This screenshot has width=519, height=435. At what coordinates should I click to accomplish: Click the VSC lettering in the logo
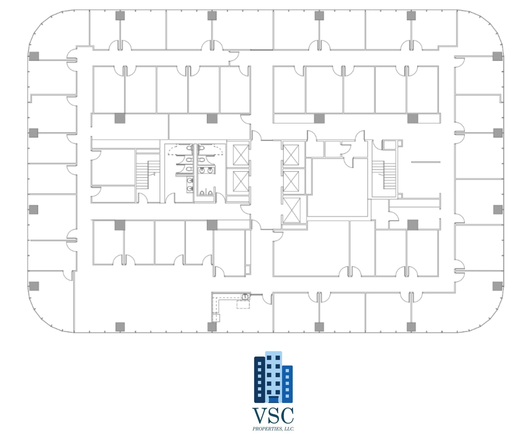click(x=273, y=415)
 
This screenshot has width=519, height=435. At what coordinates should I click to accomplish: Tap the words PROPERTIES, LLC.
click(x=273, y=429)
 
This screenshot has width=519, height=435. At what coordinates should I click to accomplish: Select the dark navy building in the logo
click(x=259, y=380)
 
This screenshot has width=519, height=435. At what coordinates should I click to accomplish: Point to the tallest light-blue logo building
click(x=274, y=377)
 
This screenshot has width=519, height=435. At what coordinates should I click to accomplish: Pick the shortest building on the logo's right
click(x=287, y=384)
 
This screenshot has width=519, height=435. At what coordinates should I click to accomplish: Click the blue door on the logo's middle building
click(x=274, y=400)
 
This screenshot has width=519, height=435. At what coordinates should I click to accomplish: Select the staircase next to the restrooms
click(x=148, y=175)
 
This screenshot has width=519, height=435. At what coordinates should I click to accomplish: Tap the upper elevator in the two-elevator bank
click(x=241, y=155)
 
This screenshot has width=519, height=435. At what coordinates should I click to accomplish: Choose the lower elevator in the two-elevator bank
click(x=241, y=181)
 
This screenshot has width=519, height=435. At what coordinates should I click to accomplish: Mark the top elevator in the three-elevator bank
click(x=291, y=155)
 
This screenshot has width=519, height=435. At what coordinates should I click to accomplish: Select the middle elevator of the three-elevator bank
click(x=291, y=181)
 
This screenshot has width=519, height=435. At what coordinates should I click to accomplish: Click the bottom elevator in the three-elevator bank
click(x=291, y=210)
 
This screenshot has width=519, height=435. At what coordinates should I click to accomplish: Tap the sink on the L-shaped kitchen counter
click(x=245, y=296)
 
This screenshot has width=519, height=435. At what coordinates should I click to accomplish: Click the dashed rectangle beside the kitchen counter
click(x=243, y=305)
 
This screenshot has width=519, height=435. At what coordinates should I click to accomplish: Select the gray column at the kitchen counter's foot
click(x=212, y=327)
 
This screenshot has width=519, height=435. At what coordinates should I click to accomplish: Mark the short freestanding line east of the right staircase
click(x=426, y=162)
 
